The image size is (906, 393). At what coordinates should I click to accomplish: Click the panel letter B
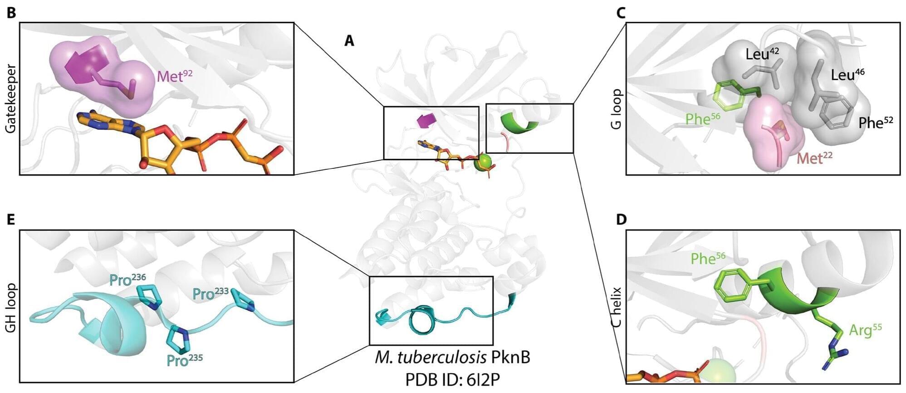click(11, 13)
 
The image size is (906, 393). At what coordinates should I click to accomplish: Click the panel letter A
click(349, 41)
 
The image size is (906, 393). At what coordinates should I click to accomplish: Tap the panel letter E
click(11, 220)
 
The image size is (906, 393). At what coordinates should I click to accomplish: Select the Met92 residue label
click(174, 76)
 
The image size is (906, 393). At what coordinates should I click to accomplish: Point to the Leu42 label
click(762, 54)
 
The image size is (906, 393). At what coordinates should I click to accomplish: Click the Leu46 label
click(847, 75)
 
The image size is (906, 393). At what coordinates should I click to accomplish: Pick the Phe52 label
click(875, 123)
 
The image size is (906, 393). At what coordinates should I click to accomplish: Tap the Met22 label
click(814, 158)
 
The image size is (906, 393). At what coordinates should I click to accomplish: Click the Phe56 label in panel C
click(702, 119)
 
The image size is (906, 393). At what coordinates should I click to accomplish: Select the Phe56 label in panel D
click(708, 259)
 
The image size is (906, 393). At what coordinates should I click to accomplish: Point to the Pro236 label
click(127, 280)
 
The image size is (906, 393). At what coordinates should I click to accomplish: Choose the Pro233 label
click(210, 294)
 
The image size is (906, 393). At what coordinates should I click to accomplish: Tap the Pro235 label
click(184, 360)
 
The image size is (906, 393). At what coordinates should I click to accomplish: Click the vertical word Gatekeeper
click(10, 98)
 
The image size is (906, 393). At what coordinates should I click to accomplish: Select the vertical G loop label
click(616, 109)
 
